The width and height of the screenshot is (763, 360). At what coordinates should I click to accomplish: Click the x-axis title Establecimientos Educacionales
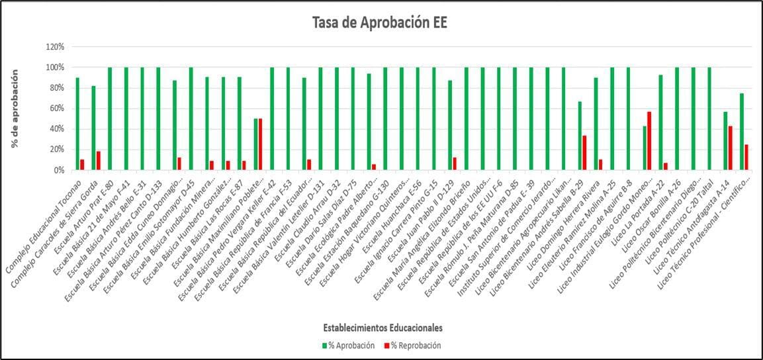[x=383, y=328]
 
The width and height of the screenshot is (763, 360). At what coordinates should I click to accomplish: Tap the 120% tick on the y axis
[x=55, y=47]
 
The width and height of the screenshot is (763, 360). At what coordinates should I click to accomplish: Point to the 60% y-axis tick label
[x=56, y=109]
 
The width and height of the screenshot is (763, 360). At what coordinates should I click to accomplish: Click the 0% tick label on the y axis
[x=58, y=170]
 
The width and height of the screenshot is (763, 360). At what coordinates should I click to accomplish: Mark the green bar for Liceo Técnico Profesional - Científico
[x=742, y=132]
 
